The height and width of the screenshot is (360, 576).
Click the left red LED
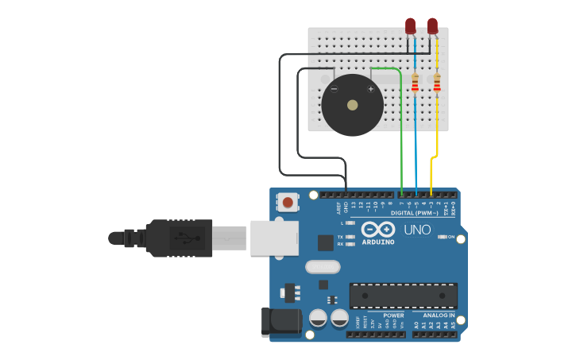[410, 26]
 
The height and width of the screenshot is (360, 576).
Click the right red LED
[432, 26]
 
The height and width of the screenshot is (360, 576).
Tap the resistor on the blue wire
[415, 82]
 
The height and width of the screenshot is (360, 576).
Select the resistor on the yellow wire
[437, 82]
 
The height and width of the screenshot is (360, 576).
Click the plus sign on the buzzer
[370, 89]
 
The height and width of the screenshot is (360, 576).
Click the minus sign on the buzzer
[334, 89]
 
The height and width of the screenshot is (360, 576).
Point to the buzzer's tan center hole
[352, 104]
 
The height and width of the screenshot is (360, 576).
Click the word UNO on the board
[417, 230]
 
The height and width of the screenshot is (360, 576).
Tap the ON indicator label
[451, 237]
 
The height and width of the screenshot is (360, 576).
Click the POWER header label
[393, 315]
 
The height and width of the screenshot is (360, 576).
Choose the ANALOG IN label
[439, 315]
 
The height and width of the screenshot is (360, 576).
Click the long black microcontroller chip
[403, 295]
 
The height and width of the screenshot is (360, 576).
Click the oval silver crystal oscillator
[323, 267]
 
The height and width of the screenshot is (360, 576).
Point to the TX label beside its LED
[341, 237]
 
